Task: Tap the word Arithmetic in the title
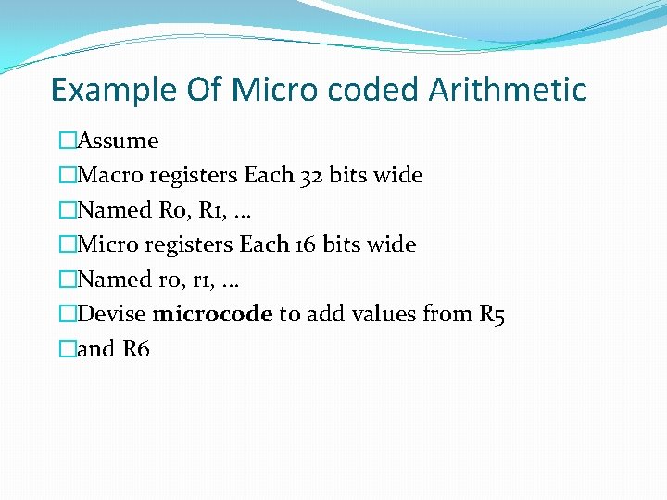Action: coord(508,91)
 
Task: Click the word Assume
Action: coord(118,141)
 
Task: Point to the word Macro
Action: coord(111,175)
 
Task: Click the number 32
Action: coord(312,175)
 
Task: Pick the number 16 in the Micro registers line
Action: coord(308,244)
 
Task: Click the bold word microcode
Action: coord(212,314)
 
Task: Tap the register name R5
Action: coord(492,314)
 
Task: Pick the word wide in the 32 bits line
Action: coord(398,175)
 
